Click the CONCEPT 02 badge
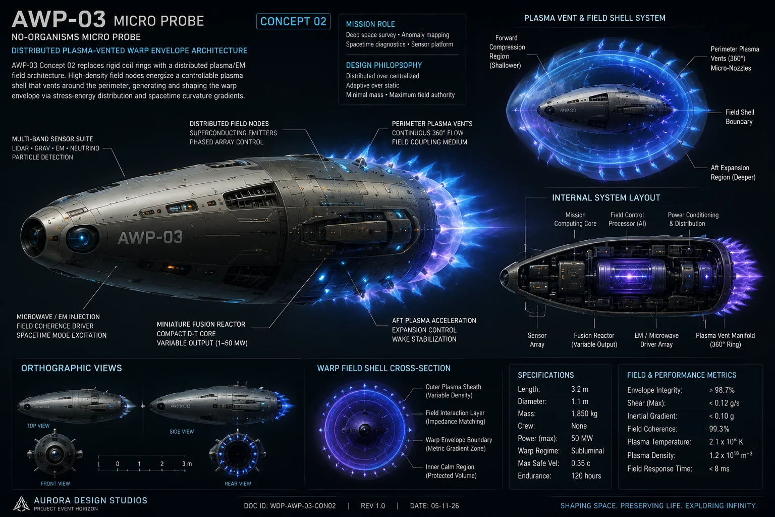[293, 22]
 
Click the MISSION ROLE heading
[370, 24]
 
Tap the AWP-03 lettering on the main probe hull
[150, 238]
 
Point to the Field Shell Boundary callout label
[739, 117]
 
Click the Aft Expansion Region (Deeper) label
[733, 173]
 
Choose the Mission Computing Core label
[575, 219]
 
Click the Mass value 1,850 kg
[584, 414]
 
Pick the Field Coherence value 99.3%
[719, 429]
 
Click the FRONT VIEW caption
[56, 484]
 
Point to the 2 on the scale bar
[161, 463]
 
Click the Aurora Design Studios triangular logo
[21, 504]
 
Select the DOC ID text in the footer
[290, 506]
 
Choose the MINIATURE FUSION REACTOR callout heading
[201, 325]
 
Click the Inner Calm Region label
[451, 471]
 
